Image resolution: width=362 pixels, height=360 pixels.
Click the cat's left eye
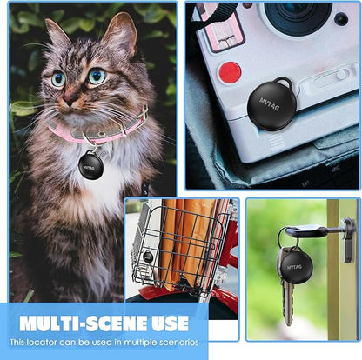(97, 76)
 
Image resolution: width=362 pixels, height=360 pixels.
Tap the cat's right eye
(58, 78)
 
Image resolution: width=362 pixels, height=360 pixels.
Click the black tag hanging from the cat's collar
(90, 165)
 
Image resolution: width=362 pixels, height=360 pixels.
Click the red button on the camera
(230, 72)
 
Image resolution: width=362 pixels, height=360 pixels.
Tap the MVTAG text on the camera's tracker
(270, 104)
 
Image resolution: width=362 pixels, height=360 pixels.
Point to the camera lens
(298, 15)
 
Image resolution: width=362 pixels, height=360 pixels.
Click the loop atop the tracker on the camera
(283, 82)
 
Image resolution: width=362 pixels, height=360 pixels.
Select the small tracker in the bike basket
(148, 257)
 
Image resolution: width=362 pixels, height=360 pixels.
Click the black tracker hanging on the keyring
(294, 266)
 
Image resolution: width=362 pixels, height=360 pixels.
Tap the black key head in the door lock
(306, 231)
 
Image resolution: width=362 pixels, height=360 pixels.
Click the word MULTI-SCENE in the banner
(84, 323)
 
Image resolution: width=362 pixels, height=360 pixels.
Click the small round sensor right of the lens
(341, 19)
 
